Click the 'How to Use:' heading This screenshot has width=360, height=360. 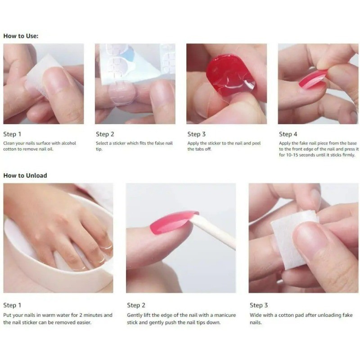(21, 36)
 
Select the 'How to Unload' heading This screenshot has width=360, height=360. (25, 175)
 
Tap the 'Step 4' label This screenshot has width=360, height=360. (288, 134)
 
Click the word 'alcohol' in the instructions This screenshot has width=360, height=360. (69, 143)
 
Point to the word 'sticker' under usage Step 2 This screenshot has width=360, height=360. (119, 143)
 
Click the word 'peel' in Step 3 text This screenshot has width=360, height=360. (256, 143)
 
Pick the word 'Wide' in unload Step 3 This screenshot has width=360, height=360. (255, 315)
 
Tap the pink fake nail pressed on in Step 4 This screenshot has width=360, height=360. (313, 79)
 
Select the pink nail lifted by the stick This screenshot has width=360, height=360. (173, 222)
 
